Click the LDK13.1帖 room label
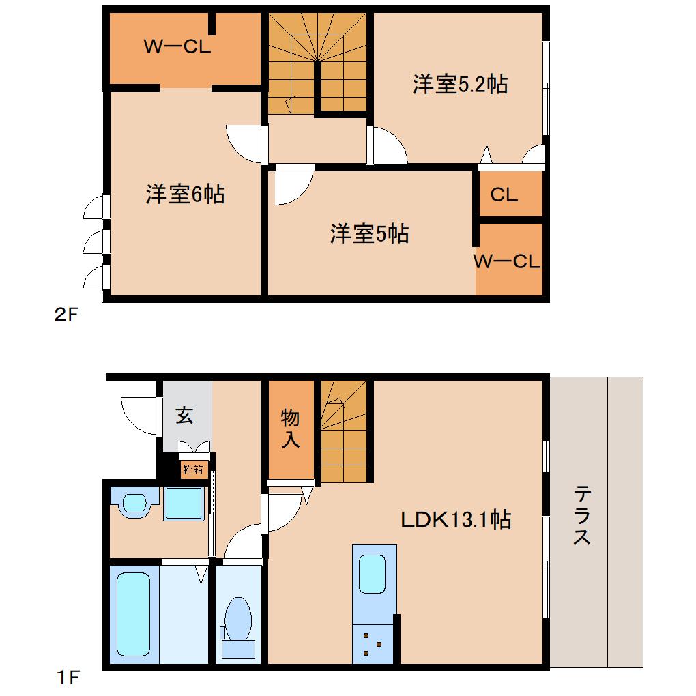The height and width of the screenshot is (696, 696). (455, 520)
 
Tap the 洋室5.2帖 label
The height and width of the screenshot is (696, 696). (459, 85)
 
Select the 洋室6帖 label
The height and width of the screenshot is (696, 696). (184, 194)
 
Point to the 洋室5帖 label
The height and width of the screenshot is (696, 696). (369, 234)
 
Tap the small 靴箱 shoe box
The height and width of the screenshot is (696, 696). (192, 469)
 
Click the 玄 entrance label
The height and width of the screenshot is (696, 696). (184, 415)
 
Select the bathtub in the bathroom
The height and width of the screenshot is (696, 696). (133, 614)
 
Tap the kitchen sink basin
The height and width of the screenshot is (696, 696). (373, 574)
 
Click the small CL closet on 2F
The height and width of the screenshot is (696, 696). (504, 195)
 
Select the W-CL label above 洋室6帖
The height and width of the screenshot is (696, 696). (177, 47)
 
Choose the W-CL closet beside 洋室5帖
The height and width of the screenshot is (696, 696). (508, 262)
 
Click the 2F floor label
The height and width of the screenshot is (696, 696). (68, 315)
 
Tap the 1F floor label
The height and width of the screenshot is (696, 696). (68, 678)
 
